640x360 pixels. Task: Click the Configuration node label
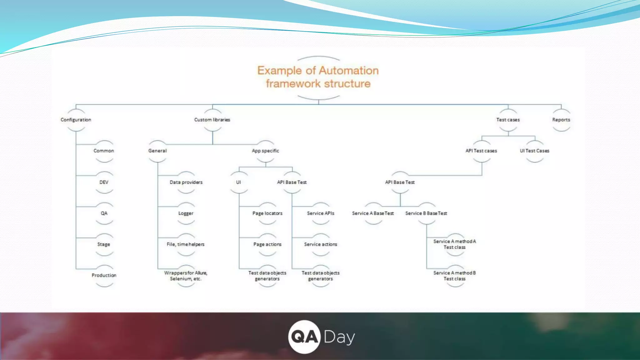tap(76, 120)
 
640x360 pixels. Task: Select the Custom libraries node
tap(212, 120)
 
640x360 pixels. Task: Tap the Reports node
tap(561, 120)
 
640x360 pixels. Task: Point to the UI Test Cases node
tap(534, 151)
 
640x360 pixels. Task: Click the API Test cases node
tap(481, 151)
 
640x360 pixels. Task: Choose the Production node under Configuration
tap(104, 275)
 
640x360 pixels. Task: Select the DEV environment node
tap(104, 182)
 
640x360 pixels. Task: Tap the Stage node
tap(104, 244)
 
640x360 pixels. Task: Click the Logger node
tap(186, 213)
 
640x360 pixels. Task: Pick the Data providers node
tap(186, 182)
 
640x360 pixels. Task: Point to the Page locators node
tap(267, 213)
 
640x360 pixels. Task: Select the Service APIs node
tap(321, 213)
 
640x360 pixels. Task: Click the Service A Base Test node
tap(373, 213)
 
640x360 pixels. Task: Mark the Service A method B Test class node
tap(455, 276)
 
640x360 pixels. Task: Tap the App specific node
tap(265, 151)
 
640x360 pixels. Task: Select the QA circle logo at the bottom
tap(304, 337)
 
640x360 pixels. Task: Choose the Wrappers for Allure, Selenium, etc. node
tap(186, 276)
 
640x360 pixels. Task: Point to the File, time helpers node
tap(186, 244)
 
